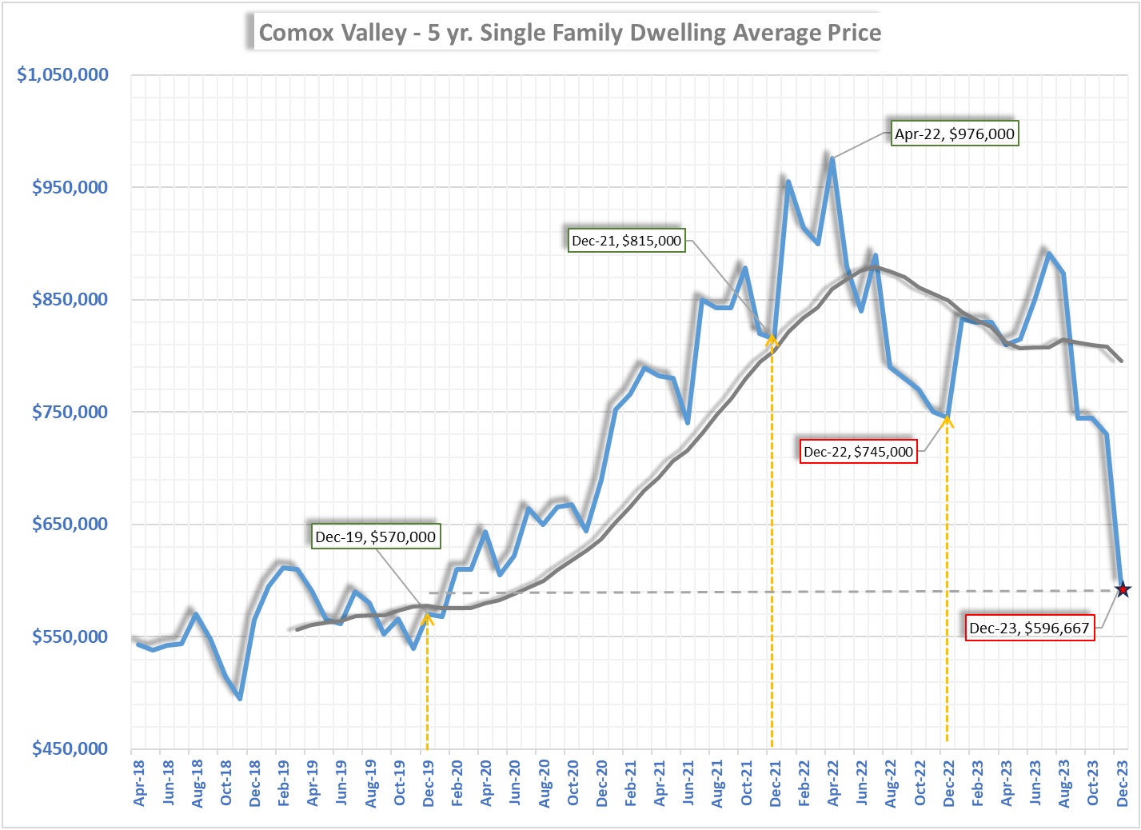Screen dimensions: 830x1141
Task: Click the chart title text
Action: pos(569,33)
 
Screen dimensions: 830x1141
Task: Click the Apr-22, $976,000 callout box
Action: pos(954,134)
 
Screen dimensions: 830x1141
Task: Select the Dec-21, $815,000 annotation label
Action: pos(626,241)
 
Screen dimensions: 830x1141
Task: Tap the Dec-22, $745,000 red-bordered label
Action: pos(858,452)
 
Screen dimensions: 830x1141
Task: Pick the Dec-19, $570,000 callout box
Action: pos(375,537)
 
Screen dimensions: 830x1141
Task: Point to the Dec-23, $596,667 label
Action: pos(1029,628)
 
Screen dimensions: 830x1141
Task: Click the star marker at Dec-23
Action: pos(1123,590)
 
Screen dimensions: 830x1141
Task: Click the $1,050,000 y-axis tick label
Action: pos(62,74)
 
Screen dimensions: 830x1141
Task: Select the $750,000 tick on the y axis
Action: pos(70,412)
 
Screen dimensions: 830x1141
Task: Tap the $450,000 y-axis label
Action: pos(70,748)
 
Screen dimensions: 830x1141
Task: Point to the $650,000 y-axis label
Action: pos(70,524)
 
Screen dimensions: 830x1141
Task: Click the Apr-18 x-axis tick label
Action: pos(139,783)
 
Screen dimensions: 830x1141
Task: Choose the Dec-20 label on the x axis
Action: pos(602,783)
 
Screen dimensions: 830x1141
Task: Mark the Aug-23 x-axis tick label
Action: pos(1064,783)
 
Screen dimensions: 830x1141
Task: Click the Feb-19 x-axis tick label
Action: pos(284,783)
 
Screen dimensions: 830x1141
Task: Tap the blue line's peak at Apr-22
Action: pos(832,158)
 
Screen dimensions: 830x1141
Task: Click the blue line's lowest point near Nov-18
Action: pos(240,698)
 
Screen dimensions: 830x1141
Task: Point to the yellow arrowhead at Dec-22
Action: pos(948,419)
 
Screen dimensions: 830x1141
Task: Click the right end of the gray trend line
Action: pos(1121,361)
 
